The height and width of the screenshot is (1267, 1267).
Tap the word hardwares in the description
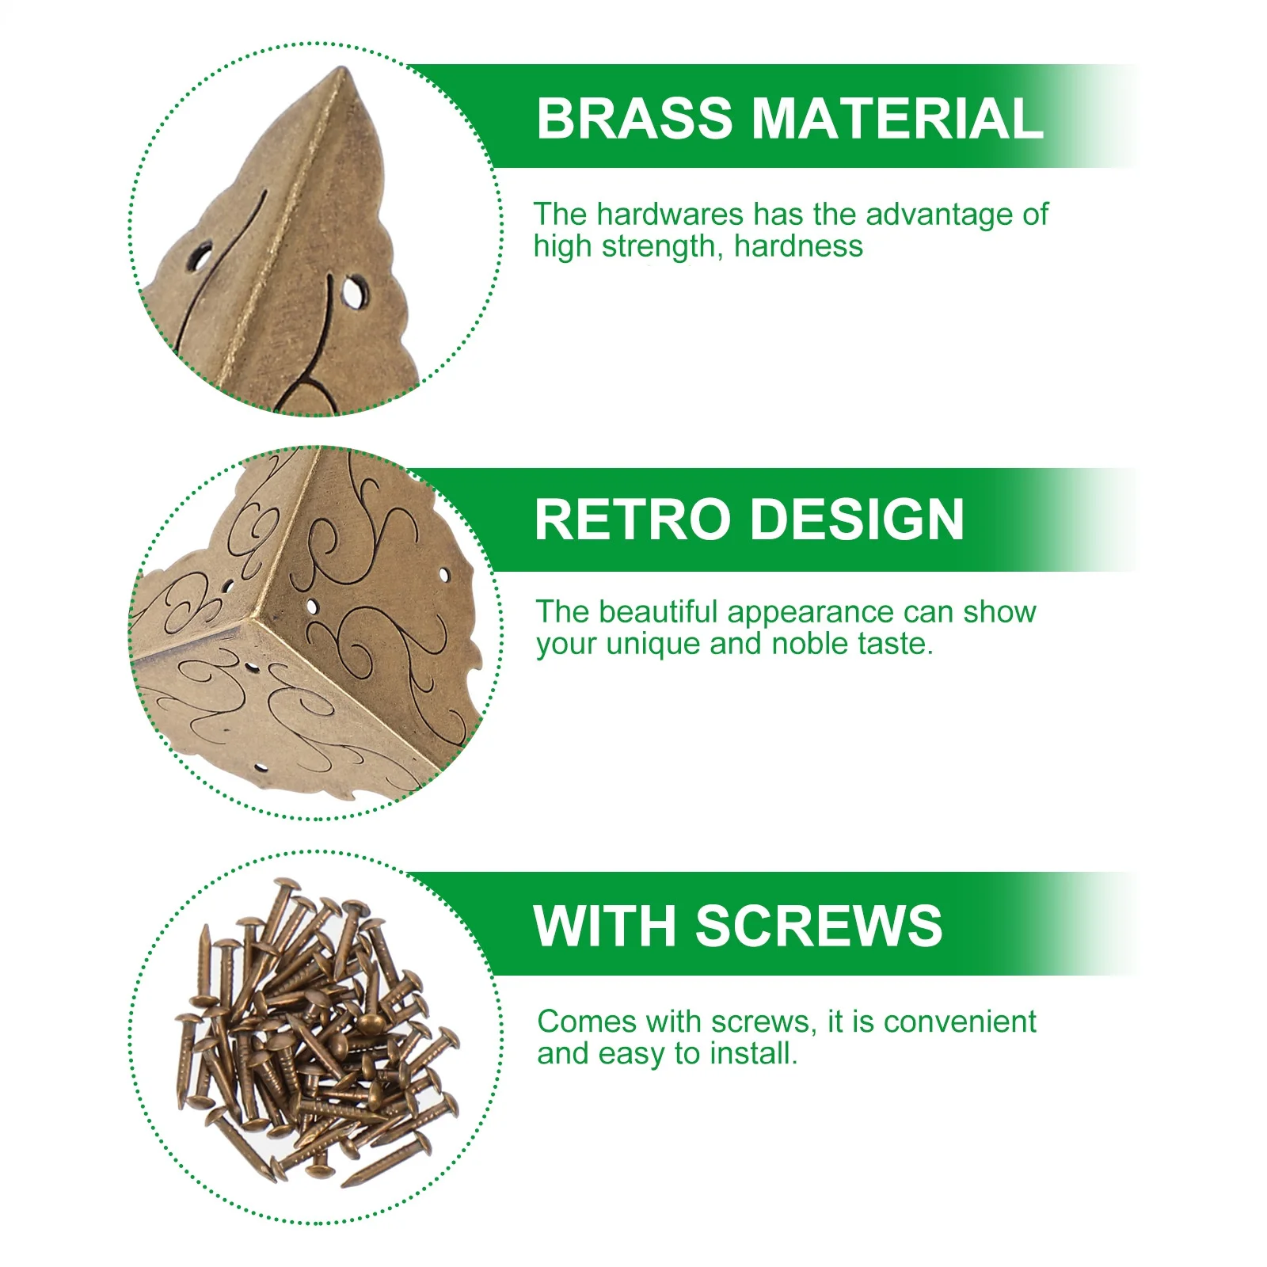pos(670,214)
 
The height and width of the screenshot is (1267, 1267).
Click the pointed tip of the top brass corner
pos(341,71)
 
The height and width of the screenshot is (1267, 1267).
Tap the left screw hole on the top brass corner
pos(198,257)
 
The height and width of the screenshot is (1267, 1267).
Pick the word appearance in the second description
pos(821,612)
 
